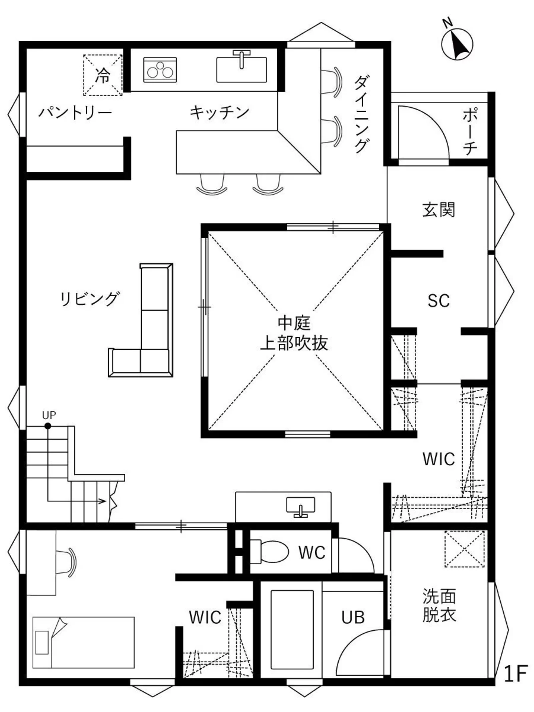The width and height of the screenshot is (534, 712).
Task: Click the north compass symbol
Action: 457,44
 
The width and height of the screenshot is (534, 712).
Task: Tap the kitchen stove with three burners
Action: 160,70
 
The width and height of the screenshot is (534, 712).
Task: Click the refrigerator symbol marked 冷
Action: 102,75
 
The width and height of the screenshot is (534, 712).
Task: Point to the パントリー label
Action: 75,113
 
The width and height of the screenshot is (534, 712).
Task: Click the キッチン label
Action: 219,112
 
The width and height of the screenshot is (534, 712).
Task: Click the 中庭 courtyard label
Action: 294,323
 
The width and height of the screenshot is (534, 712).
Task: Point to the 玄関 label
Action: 438,210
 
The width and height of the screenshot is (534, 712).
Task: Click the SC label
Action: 438,301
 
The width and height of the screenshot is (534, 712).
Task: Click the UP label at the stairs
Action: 49,415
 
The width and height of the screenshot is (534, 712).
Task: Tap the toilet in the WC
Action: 270,551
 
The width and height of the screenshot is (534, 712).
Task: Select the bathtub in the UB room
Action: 292,629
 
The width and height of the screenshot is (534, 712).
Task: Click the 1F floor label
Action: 515,674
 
